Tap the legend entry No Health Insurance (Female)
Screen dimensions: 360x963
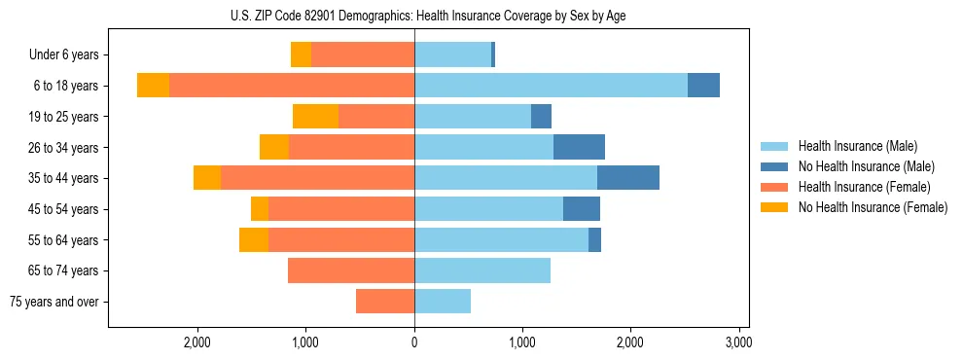click(872, 207)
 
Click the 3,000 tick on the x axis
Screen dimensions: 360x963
click(738, 342)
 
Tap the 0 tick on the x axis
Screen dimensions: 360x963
click(414, 342)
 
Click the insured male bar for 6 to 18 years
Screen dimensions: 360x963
click(551, 86)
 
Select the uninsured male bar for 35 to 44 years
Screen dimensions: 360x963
click(628, 178)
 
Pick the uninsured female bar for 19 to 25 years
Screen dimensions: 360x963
click(315, 117)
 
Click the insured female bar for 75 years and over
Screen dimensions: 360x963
click(385, 302)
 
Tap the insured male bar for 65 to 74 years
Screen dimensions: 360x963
click(482, 270)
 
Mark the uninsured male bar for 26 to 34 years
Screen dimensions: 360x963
click(579, 147)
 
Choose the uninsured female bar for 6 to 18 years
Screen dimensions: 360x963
click(153, 86)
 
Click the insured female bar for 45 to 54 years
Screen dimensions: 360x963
click(341, 209)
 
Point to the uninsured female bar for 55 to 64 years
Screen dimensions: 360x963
click(254, 239)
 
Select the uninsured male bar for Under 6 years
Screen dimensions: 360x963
click(493, 55)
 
